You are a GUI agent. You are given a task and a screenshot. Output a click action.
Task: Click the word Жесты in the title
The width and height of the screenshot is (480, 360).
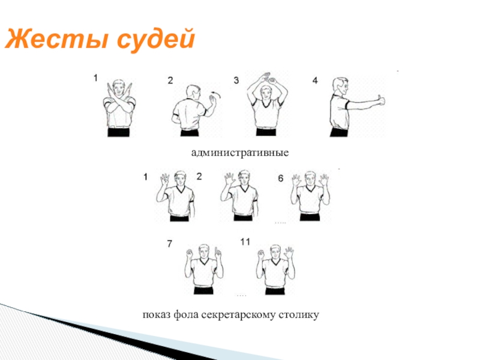click(56, 39)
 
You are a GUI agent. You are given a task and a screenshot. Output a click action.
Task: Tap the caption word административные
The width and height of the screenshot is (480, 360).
click(239, 152)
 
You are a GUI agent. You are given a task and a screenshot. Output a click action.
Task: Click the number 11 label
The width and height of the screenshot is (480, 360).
click(245, 242)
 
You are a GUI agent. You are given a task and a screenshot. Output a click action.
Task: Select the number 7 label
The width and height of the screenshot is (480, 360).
click(169, 244)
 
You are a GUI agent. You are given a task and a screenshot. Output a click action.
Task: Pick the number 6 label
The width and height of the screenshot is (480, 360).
click(281, 178)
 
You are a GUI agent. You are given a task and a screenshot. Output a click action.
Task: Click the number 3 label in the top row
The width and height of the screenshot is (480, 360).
click(236, 80)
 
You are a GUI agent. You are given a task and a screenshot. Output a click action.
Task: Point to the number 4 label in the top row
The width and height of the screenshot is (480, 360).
click(315, 80)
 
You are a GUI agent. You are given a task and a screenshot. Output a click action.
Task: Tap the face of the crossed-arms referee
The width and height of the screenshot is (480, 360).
click(118, 88)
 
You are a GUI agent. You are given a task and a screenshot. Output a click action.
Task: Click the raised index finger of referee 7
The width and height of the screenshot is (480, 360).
click(218, 252)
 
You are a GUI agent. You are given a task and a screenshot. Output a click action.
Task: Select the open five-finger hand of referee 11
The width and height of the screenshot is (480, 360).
click(289, 253)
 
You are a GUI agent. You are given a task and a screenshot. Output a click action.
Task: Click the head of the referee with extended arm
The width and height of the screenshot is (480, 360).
click(340, 86)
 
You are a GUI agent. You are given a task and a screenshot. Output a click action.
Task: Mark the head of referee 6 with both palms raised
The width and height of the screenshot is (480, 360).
click(310, 178)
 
